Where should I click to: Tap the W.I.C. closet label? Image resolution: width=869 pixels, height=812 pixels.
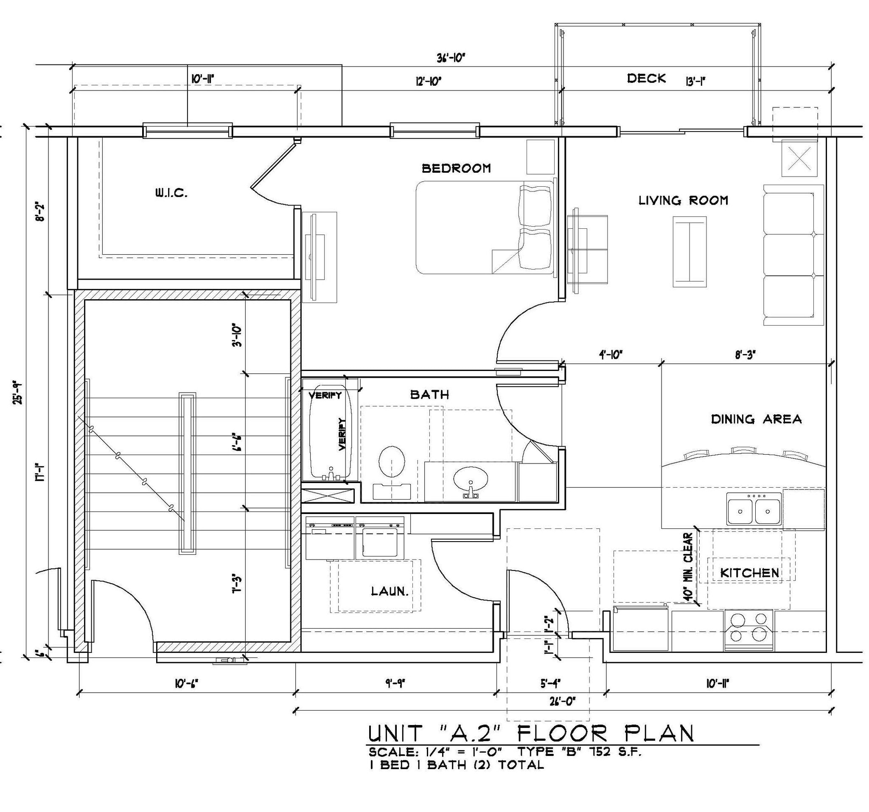click(171, 193)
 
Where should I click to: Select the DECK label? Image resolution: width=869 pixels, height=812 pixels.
click(646, 79)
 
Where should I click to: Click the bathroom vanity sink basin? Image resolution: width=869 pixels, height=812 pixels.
click(470, 479)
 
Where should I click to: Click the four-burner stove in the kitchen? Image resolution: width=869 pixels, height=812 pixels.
click(749, 629)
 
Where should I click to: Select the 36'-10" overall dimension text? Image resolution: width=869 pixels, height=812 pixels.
click(450, 58)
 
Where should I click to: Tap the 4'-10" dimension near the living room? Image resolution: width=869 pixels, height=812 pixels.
click(610, 355)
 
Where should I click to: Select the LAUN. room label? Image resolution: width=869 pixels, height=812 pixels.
click(390, 592)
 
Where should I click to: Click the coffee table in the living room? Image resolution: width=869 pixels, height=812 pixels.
click(690, 251)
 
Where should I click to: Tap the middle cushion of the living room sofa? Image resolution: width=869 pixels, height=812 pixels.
click(789, 255)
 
